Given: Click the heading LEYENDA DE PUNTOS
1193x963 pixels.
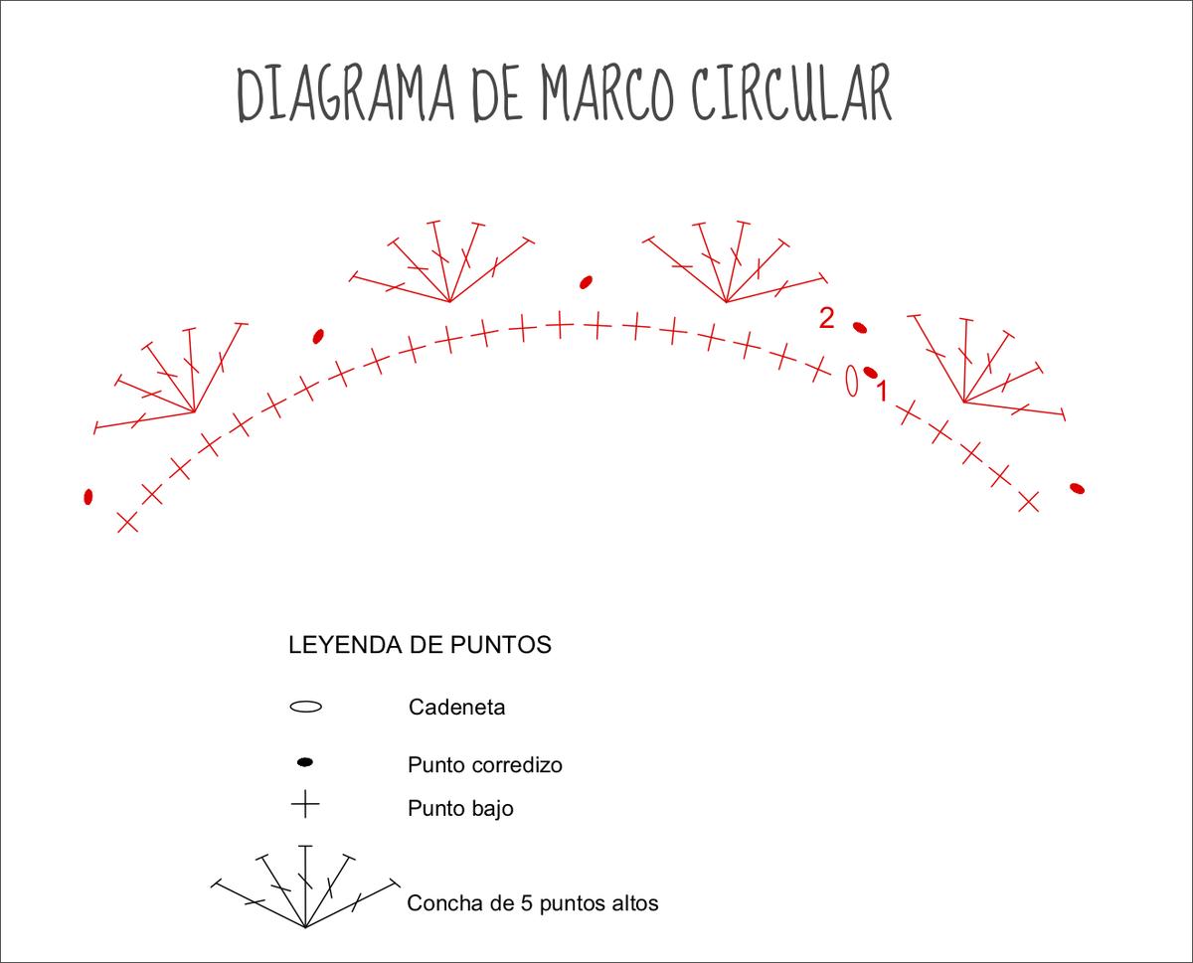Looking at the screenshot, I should pyautogui.click(x=420, y=645).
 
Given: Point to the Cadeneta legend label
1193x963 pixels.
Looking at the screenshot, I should pyautogui.click(x=456, y=708).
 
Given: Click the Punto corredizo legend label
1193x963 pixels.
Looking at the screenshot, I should pyautogui.click(x=484, y=765).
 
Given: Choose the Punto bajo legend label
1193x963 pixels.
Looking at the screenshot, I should pyautogui.click(x=460, y=808).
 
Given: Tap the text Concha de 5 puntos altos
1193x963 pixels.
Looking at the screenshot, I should pyautogui.click(x=532, y=904).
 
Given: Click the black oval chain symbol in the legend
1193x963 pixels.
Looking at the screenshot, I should pyautogui.click(x=305, y=708).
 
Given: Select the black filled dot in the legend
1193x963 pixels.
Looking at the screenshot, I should pyautogui.click(x=305, y=762).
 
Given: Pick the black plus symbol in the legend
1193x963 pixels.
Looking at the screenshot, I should pyautogui.click(x=305, y=803).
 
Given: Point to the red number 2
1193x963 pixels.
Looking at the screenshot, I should pyautogui.click(x=826, y=318).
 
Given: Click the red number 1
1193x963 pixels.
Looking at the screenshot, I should pyautogui.click(x=880, y=392).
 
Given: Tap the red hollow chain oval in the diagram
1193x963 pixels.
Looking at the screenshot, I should pyautogui.click(x=852, y=380).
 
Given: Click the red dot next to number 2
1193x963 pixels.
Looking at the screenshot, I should pyautogui.click(x=860, y=327).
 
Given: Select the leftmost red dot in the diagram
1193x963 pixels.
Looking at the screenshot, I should pyautogui.click(x=88, y=496).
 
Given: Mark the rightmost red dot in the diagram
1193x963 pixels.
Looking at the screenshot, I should pyautogui.click(x=1077, y=488).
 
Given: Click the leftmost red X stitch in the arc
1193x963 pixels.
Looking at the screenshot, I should pyautogui.click(x=127, y=522).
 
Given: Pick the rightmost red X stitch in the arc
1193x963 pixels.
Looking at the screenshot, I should pyautogui.click(x=1028, y=501).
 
